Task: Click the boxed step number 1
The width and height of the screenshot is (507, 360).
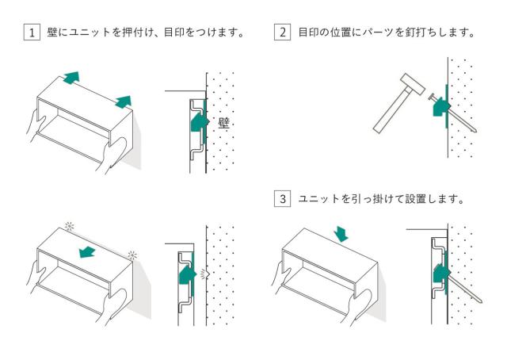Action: click(32, 33)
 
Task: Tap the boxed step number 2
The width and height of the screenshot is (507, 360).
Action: click(282, 33)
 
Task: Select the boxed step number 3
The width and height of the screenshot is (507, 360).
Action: click(282, 198)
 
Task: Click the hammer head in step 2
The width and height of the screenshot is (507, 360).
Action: click(412, 84)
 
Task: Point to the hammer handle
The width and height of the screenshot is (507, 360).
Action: click(391, 111)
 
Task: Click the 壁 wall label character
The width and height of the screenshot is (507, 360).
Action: click(223, 123)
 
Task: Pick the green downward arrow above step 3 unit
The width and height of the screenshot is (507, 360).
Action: click(341, 234)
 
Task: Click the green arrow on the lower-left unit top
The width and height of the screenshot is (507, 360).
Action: click(87, 252)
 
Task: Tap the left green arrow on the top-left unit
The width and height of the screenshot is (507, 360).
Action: click(71, 78)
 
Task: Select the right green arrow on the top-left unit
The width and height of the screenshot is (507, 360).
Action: click(124, 101)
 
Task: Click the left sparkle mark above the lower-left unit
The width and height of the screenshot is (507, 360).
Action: click(69, 226)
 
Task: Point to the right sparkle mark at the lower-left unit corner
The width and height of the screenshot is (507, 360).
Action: click(132, 255)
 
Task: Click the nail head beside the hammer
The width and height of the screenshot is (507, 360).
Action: click(430, 97)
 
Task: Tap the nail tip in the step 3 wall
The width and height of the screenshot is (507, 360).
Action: click(482, 302)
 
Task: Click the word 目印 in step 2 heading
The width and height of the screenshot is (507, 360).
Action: click(308, 33)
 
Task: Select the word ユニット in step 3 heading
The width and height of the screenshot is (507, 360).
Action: click(318, 198)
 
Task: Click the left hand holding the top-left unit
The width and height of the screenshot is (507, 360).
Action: click(34, 125)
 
